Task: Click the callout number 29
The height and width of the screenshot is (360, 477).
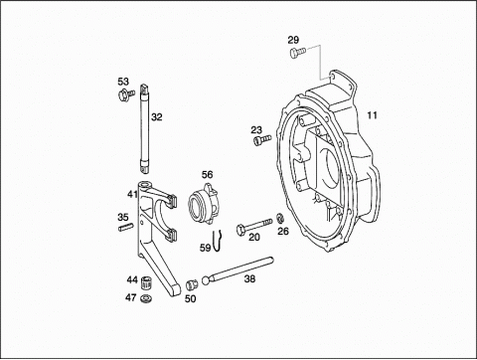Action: (x=293, y=40)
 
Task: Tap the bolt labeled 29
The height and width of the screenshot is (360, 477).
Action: (x=298, y=53)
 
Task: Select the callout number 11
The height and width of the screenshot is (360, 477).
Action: (x=372, y=115)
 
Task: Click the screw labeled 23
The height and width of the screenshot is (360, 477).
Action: (x=262, y=139)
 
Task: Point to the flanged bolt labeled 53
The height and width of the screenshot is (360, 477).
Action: (x=126, y=94)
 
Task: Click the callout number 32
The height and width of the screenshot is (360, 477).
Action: (x=157, y=116)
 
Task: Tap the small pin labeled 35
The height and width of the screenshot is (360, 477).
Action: (x=126, y=227)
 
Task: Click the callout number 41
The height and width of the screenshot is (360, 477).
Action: (x=132, y=194)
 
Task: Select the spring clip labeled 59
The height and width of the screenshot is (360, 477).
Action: (x=217, y=241)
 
